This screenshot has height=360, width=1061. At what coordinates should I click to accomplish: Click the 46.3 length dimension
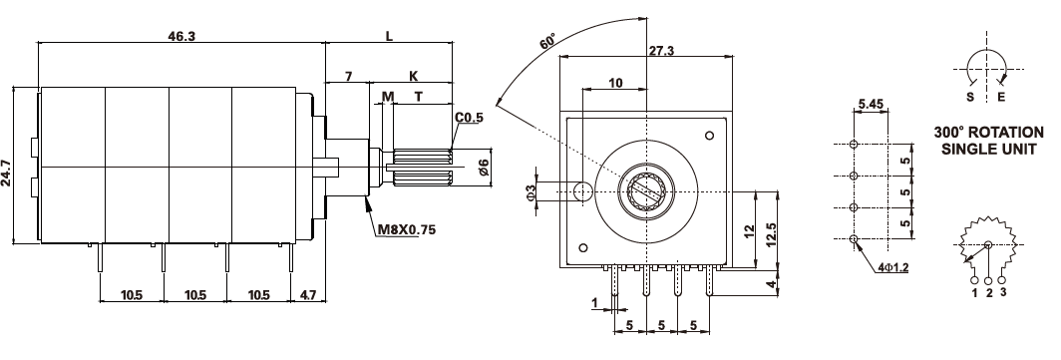(181, 37)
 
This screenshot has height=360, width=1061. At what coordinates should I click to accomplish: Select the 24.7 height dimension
(7, 166)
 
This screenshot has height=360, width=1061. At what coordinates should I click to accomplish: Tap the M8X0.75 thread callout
(406, 229)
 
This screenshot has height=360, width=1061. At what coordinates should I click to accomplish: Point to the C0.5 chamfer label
(470, 118)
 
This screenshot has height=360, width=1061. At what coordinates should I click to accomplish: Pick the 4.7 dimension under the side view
(308, 295)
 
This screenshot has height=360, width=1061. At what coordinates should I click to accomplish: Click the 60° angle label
(548, 41)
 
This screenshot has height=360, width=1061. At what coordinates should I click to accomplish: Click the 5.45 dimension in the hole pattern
(871, 104)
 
